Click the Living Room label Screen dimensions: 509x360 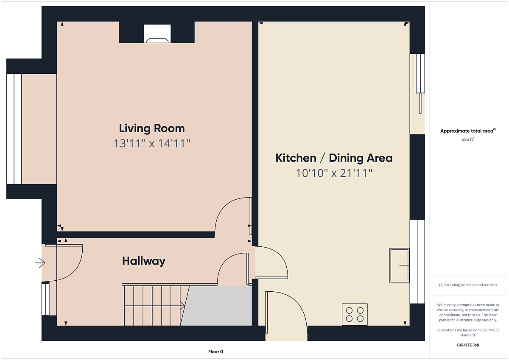[x=152, y=128]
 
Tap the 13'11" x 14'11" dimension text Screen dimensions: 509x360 [x=152, y=144]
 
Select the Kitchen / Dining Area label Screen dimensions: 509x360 [x=334, y=158]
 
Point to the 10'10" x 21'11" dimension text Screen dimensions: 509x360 [x=334, y=173]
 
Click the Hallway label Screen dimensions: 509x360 [x=144, y=261]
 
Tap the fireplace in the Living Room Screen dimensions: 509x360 [x=157, y=33]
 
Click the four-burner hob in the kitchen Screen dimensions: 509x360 [x=355, y=314]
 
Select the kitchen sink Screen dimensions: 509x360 [x=399, y=265]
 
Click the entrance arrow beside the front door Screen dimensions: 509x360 [x=40, y=263]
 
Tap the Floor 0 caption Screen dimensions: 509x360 [x=215, y=352]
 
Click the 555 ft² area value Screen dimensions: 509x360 [x=468, y=139]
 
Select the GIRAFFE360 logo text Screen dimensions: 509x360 [x=468, y=345]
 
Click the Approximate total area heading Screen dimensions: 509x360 [x=468, y=131]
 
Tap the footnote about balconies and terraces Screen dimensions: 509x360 [x=468, y=285]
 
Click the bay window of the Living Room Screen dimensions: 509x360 [x=14, y=129]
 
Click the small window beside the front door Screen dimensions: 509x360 [x=45, y=299]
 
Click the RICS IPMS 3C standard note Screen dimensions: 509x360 [x=468, y=332]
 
